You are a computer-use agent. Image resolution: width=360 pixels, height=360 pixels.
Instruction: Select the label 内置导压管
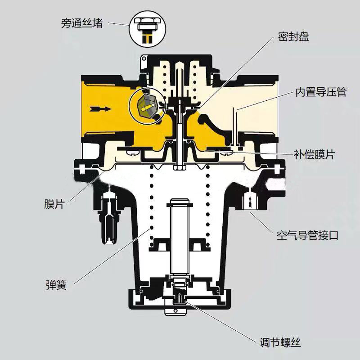point(321,92)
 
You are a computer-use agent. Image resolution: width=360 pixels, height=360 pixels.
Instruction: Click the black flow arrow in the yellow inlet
point(100,108)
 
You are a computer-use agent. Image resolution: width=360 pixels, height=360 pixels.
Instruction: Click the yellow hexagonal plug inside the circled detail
point(145,107)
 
